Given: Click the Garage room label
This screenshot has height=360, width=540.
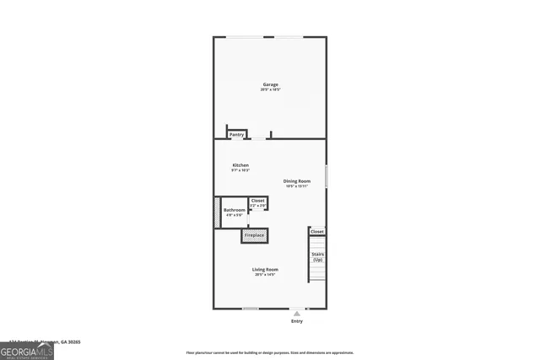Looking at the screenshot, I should (270, 84).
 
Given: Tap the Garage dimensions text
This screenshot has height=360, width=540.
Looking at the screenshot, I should (270, 89).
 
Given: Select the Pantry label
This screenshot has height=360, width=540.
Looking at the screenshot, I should (237, 134).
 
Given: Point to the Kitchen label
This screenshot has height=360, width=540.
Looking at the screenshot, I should (240, 164).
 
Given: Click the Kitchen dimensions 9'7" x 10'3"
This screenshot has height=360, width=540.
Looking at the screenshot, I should (240, 170).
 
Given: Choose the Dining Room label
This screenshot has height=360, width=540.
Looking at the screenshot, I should (297, 181).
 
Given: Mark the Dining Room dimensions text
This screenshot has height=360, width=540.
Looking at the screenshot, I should (297, 186).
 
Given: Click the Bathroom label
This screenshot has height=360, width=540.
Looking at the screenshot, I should (235, 210).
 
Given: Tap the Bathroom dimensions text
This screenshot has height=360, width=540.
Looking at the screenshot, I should (235, 215).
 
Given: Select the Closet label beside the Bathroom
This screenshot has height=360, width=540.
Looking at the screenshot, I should (258, 201).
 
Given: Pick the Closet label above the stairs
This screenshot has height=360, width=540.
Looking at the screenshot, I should (317, 231).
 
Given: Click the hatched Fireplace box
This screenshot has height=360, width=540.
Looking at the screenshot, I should (255, 235).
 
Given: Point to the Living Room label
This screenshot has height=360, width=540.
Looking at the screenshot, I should (267, 269).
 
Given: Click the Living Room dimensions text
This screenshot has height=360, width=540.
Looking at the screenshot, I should (267, 274).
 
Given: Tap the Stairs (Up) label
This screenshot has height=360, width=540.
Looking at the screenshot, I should (317, 256).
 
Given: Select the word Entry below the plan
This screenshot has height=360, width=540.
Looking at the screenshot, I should (297, 321).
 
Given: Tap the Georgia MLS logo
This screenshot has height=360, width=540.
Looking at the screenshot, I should (26, 351).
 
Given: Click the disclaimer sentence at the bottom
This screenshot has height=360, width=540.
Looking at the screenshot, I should (270, 352).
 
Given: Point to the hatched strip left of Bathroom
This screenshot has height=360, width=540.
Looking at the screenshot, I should (217, 212).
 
